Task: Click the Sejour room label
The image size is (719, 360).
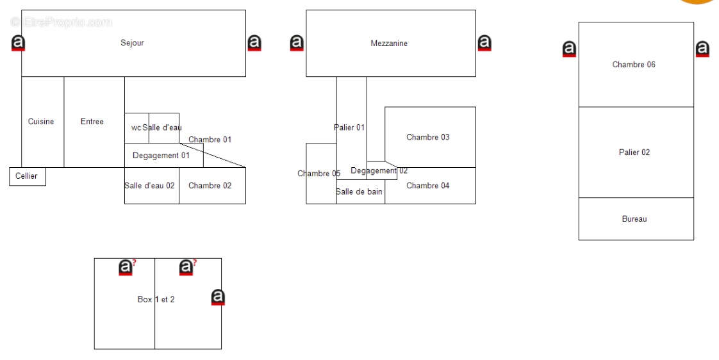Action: coord(132,43)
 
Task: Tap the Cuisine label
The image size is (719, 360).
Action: coord(41,122)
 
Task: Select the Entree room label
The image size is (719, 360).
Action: coord(92,122)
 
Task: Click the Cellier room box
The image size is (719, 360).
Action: coord(28,177)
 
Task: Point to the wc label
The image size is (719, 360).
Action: coord(136,127)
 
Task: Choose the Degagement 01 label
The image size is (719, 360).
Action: coord(161,156)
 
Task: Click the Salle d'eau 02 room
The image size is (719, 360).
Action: coord(152,186)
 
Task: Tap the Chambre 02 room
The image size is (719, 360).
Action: coord(212,186)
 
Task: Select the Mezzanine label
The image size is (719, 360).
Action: coord(389,43)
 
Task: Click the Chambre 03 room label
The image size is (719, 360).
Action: coord(428,137)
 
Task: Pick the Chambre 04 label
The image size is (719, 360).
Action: coord(428,186)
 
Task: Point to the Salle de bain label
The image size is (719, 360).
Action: coord(359,192)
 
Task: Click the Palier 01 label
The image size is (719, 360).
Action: coord(349,127)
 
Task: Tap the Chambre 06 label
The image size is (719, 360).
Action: coord(634,65)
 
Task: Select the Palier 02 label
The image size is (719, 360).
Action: coord(634,152)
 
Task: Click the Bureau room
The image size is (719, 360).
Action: coord(636,218)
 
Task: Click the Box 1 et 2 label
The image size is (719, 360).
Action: coord(156,299)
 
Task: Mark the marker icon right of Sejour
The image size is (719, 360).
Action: coord(254,43)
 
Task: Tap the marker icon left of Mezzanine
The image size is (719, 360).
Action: coord(297,43)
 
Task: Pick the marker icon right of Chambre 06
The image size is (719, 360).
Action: coord(702,49)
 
